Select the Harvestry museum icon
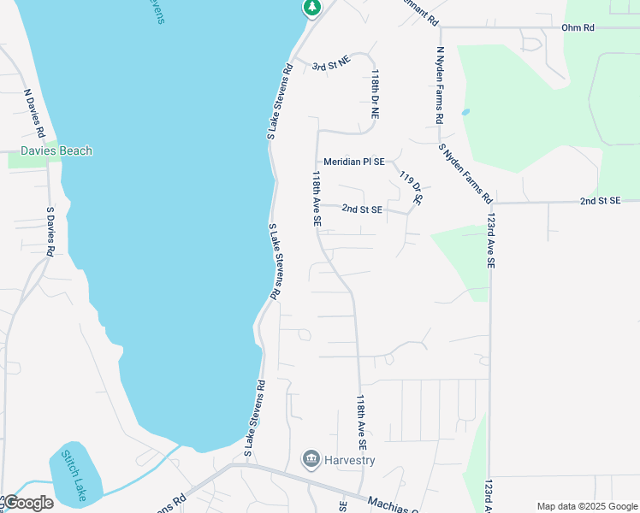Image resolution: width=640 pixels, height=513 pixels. click(311, 460)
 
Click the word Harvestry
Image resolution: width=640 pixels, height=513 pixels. click(350, 460)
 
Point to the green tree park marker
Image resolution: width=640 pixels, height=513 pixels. click(311, 7)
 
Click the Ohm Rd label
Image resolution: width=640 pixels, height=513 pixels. click(578, 27)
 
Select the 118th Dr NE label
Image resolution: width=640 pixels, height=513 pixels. click(375, 95)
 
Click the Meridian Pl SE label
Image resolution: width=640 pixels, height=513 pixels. click(354, 161)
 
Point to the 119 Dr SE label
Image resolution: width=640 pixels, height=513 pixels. click(412, 186)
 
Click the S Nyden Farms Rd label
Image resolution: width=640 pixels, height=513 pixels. click(465, 173)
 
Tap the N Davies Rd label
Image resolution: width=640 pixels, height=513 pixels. click(34, 114)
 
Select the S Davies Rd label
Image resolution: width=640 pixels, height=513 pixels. click(50, 231)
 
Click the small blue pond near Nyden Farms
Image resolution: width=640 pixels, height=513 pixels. click(465, 111)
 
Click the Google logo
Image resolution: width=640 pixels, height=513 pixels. click(28, 503)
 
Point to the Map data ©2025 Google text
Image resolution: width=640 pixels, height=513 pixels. click(585, 506)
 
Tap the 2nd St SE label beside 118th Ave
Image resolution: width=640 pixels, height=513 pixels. click(362, 209)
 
